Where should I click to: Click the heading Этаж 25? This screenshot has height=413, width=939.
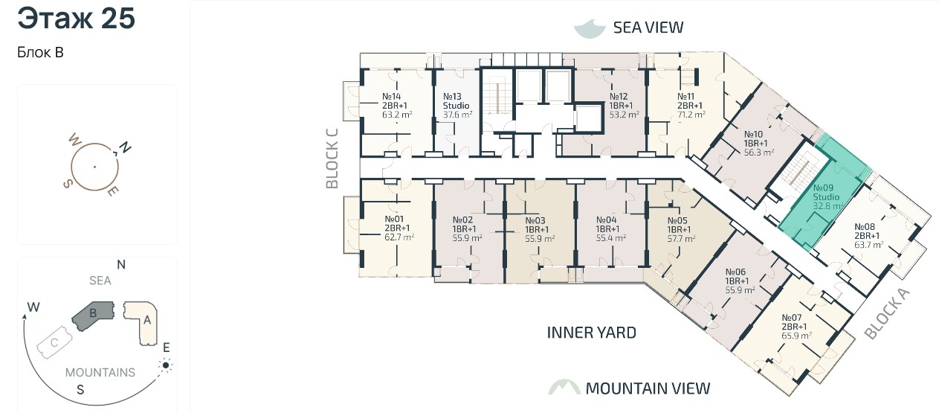(77, 19)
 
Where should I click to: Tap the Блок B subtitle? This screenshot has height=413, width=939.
(40, 53)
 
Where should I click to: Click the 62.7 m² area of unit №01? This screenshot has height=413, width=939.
(399, 237)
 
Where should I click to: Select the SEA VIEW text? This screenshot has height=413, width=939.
(648, 28)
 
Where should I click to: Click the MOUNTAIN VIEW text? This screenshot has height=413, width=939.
(648, 388)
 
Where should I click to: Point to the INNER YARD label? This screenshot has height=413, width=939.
(592, 333)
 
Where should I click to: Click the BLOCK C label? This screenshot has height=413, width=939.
(332, 159)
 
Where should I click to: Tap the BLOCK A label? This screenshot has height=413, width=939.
(888, 313)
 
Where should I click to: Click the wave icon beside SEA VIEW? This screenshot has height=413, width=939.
(590, 28)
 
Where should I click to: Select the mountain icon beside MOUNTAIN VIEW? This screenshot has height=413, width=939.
(564, 388)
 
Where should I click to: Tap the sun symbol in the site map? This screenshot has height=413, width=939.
(166, 365)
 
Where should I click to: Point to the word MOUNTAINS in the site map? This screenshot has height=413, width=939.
(100, 373)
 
